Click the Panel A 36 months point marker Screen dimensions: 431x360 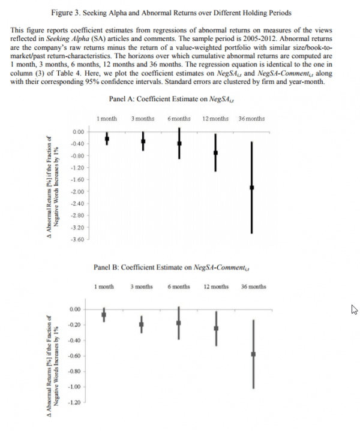click(x=252, y=187)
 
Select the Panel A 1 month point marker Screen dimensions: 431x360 click(x=107, y=138)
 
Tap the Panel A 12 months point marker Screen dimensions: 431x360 click(x=216, y=153)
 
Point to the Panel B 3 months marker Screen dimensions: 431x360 click(x=142, y=324)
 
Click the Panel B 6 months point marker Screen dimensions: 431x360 click(x=179, y=323)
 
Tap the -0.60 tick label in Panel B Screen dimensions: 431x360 click(x=76, y=356)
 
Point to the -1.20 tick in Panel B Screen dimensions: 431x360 click(x=76, y=402)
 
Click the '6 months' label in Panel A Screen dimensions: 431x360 click(x=179, y=119)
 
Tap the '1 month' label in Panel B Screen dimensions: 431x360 click(x=104, y=287)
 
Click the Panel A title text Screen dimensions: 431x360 click(x=180, y=99)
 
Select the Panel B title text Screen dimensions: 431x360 click(x=180, y=267)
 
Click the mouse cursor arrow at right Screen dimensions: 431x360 click(x=353, y=310)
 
